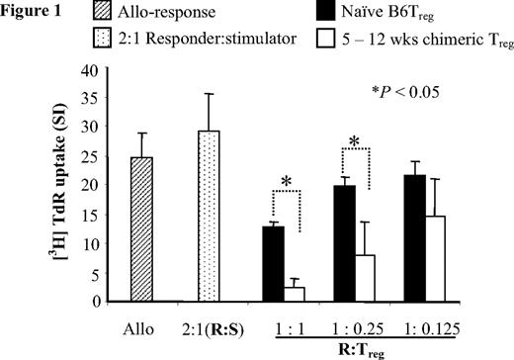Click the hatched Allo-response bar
pyautogui.click(x=145, y=229)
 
